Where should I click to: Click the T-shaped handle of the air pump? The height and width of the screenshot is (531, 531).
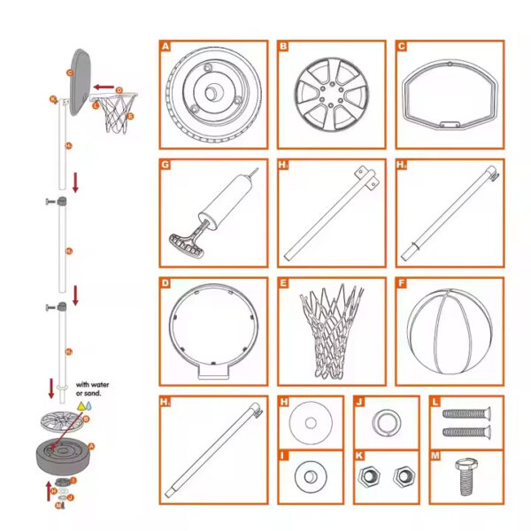coord(182,240)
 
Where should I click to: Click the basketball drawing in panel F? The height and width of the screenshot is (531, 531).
coord(450,331)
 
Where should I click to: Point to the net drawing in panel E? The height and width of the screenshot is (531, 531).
coord(331,331)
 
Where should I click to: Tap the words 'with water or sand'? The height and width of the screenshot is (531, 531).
coord(93,389)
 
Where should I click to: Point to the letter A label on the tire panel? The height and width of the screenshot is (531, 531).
coord(165,47)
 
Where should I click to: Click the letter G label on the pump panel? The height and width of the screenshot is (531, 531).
coord(165,165)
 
